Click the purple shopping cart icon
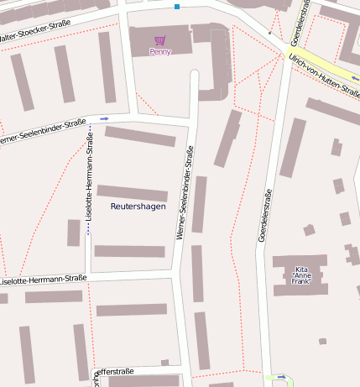[x=159, y=40]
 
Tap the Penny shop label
[x=159, y=52]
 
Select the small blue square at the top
[x=177, y=7]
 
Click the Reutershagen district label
[x=138, y=206]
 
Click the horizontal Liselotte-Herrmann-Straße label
[x=44, y=279]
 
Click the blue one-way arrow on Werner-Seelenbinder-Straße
[x=104, y=119]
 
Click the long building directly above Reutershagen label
[x=132, y=192]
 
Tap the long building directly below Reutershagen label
[x=129, y=251]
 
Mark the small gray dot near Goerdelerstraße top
[x=269, y=33]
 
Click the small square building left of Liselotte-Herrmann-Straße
[x=74, y=233]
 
